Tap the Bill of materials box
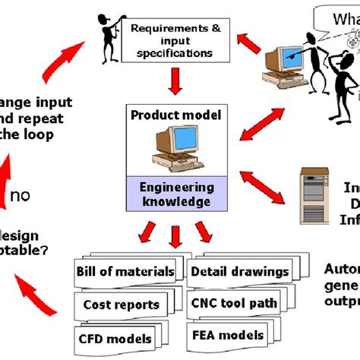tap(125, 272)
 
